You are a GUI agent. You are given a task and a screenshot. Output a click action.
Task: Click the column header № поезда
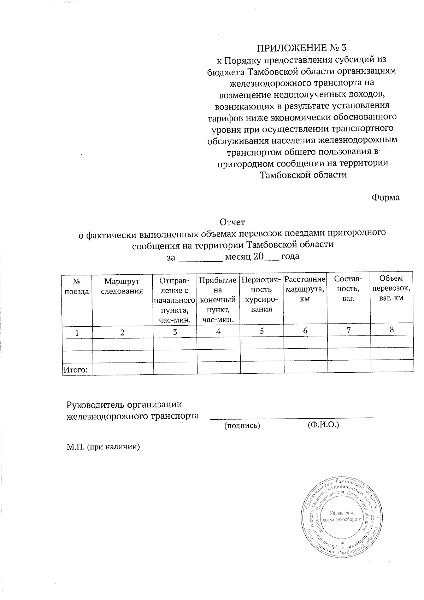77,287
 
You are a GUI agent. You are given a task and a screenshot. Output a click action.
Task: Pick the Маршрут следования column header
122,286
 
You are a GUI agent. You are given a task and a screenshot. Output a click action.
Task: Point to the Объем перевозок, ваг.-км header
391,288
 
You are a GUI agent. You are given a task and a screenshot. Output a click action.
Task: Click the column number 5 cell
261,331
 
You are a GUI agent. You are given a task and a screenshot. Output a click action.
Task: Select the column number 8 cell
391,330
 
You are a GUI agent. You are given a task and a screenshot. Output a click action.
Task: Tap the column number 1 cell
77,332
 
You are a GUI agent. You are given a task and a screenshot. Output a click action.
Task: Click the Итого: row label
75,370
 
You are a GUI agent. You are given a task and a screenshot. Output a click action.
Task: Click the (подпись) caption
242,426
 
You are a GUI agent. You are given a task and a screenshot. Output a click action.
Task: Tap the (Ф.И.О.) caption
323,424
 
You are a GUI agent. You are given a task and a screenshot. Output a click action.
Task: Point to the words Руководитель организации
124,404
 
